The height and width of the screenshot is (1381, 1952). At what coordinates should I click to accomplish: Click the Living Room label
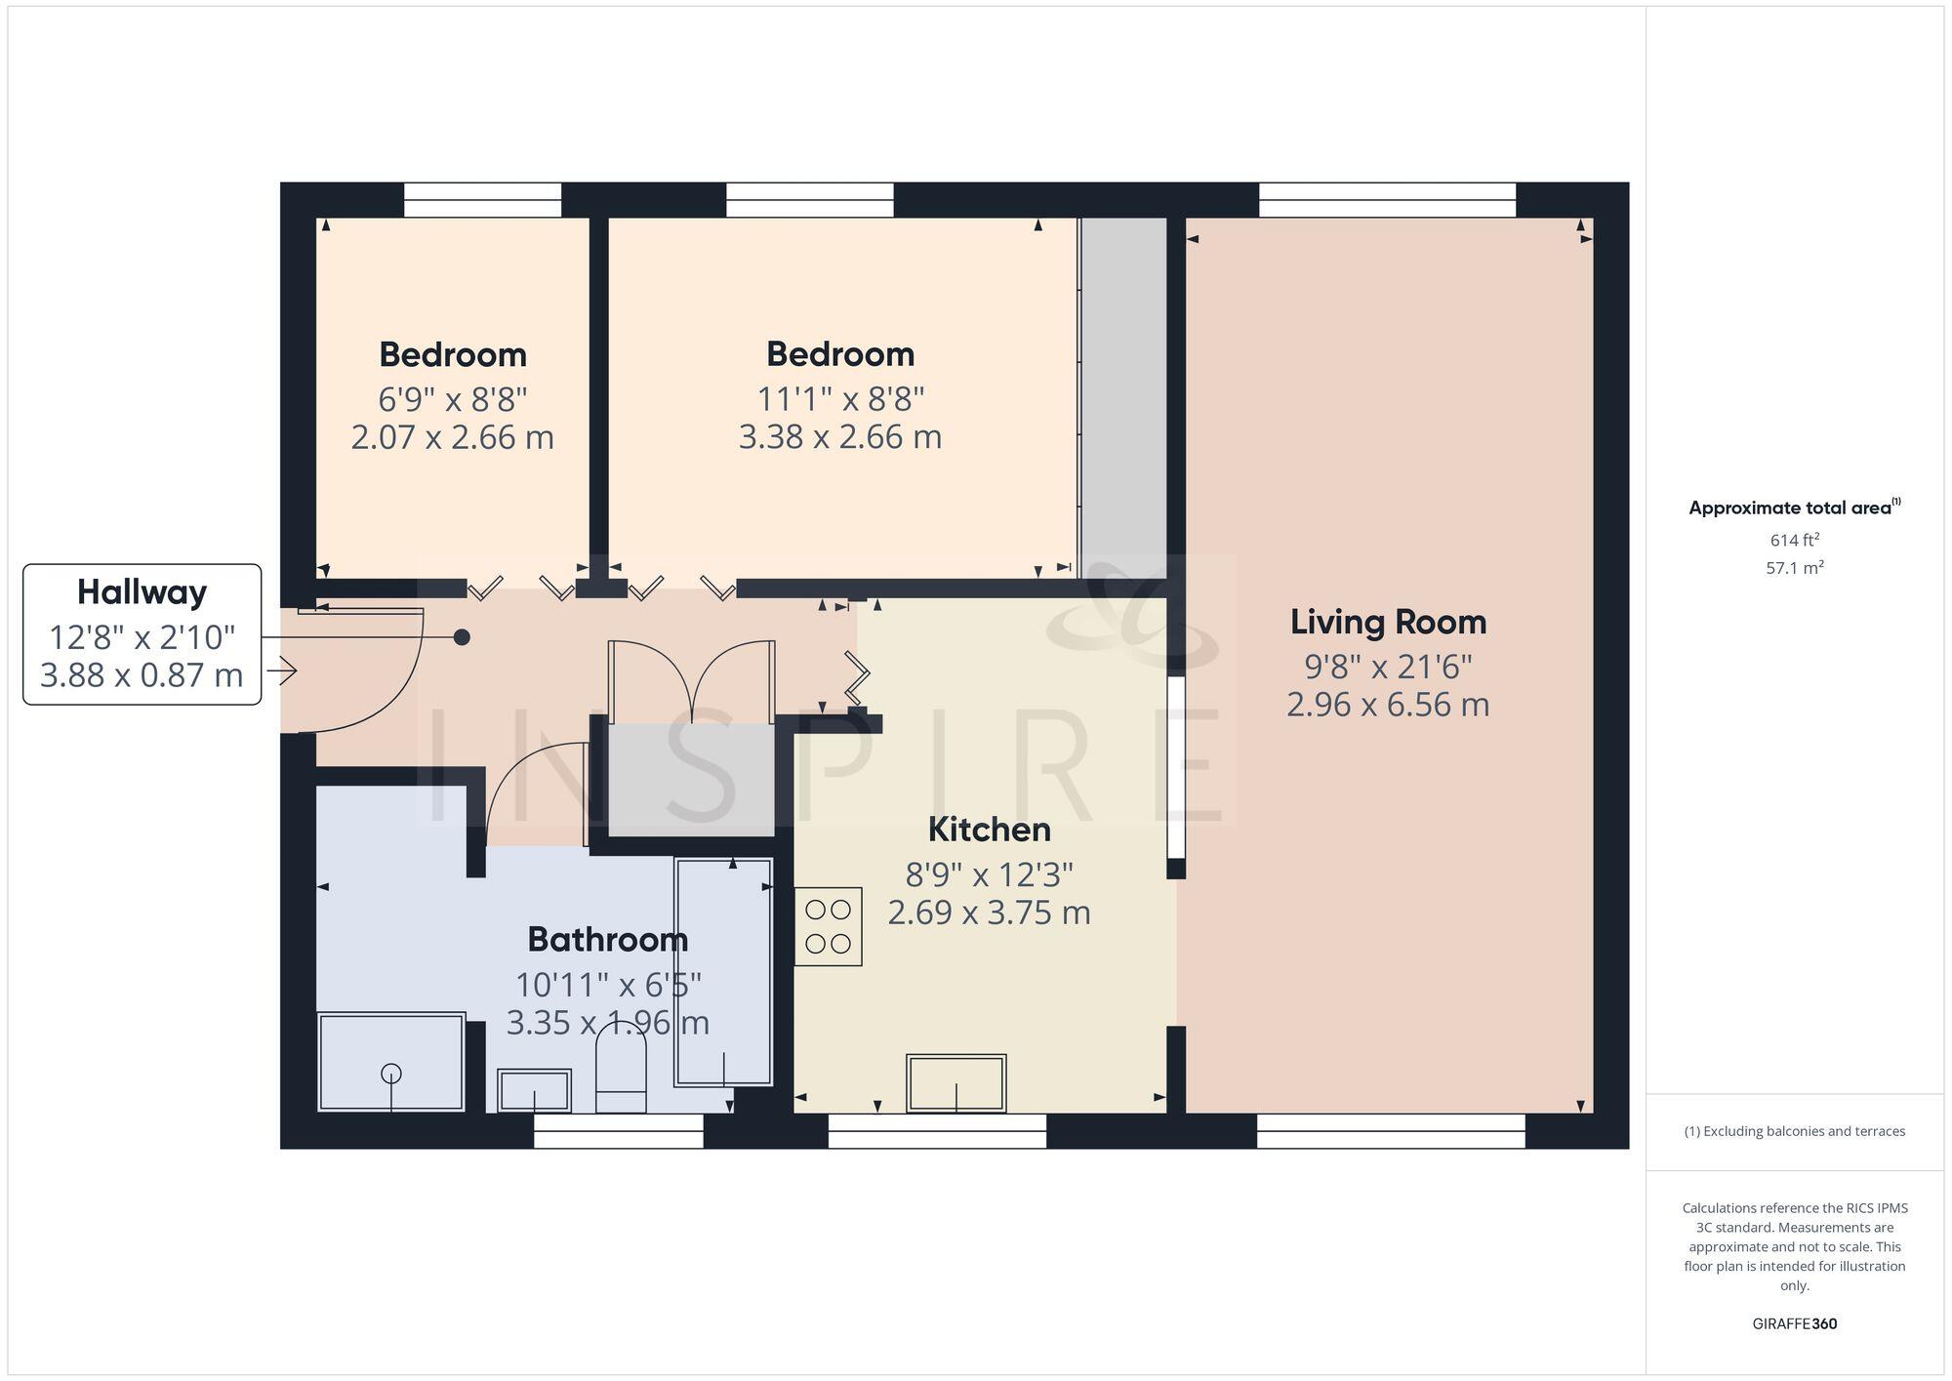coord(1388,622)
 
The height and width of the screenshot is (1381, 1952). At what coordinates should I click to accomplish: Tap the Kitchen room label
coord(989,830)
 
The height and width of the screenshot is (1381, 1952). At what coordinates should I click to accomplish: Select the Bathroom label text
coord(607,940)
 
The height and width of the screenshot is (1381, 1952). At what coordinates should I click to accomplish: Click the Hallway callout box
coord(142,634)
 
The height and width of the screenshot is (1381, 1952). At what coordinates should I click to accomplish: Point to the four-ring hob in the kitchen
coord(828,926)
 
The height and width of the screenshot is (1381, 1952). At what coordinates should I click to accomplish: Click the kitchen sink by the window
coord(956,1082)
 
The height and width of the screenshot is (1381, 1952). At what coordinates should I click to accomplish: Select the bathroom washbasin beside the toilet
coord(534,1089)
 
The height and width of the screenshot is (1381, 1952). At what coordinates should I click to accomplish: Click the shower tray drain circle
coord(391,1074)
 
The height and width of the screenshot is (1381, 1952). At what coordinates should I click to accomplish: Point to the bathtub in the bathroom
coord(723,972)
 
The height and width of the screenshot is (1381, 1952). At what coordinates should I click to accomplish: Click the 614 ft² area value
coord(1794,540)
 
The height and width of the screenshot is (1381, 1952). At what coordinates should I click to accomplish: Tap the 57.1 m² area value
coord(1794,568)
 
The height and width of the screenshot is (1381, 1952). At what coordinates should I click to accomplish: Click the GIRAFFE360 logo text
coord(1794,1324)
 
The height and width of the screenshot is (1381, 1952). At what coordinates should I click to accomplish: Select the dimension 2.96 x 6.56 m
coord(1387,705)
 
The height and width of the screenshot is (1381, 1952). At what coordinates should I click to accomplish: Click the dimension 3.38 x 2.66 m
coord(839,436)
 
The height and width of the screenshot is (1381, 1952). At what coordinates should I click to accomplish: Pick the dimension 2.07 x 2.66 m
coord(452,436)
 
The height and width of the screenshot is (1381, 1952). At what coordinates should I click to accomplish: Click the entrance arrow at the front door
coord(287,671)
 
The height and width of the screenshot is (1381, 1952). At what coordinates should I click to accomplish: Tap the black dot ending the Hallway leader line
coord(463,637)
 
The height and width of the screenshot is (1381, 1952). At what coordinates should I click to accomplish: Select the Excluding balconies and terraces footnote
coord(1794,1132)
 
